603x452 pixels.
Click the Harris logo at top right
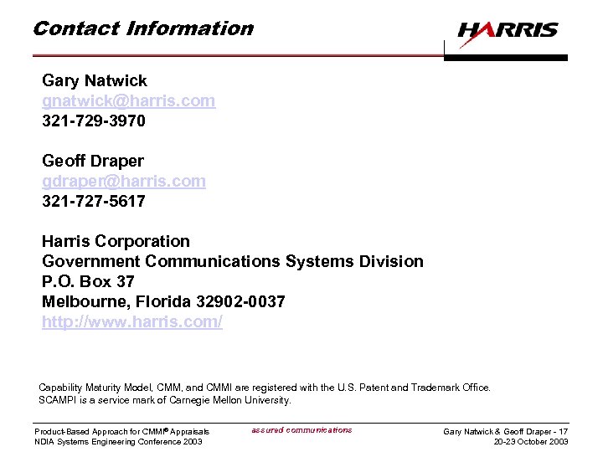coord(508,31)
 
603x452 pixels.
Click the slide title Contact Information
coord(142,28)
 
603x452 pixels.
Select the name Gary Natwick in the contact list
coord(94,81)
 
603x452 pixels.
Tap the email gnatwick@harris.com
coord(128,101)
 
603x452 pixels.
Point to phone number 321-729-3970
coord(93,121)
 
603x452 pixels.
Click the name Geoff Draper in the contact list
coord(92,161)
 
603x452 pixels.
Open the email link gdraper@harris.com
coord(123,181)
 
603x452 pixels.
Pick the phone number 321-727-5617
coord(93,201)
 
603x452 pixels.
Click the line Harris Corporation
coord(116,241)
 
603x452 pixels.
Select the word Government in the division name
coord(90,261)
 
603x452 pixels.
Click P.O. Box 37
coord(88,281)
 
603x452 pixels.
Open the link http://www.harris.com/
coord(132,321)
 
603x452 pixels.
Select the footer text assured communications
coord(301,430)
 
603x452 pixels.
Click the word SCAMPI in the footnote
coord(58,400)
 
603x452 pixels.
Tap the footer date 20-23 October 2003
coord(531,442)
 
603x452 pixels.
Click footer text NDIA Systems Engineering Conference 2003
coord(118,442)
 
